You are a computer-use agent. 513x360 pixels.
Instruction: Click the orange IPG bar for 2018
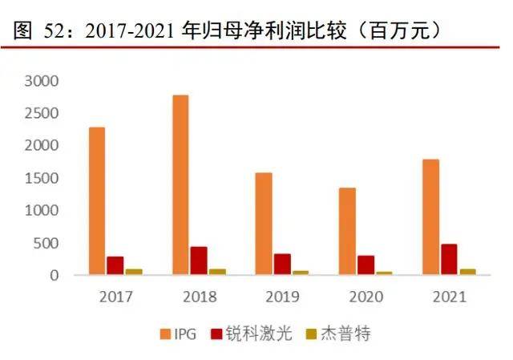(x=180, y=185)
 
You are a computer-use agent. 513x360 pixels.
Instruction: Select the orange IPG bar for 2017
(x=97, y=201)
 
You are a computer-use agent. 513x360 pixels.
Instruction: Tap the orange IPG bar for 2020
(x=347, y=232)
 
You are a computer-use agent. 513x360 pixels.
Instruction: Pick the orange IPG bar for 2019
(x=264, y=224)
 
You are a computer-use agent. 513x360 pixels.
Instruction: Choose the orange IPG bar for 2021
(x=430, y=217)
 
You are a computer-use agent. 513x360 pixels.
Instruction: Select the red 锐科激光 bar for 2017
(x=115, y=266)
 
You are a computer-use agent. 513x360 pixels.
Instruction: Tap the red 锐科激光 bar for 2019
(x=282, y=265)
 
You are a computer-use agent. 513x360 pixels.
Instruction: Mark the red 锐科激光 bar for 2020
(x=366, y=265)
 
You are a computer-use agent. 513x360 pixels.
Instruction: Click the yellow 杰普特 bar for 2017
(x=134, y=272)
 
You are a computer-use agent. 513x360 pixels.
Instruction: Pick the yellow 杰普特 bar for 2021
(x=467, y=272)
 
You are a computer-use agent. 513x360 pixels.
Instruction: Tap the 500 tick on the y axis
(x=46, y=243)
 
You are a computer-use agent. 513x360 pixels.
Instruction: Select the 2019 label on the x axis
(x=283, y=297)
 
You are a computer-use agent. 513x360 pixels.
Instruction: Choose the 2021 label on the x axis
(x=450, y=297)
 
